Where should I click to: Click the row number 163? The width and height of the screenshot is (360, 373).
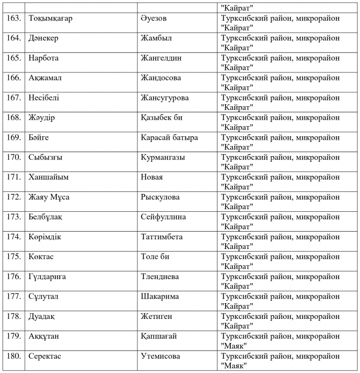(13, 18)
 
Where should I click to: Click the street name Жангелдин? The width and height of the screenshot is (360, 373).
(161, 58)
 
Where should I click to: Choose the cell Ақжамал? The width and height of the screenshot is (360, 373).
(47, 78)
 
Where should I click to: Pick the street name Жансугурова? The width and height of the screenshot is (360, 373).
(164, 98)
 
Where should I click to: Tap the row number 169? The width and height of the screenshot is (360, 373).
(13, 138)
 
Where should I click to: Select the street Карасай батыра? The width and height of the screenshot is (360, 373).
(169, 138)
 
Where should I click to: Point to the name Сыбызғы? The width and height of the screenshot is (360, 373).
(45, 158)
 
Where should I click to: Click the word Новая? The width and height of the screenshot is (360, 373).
(152, 177)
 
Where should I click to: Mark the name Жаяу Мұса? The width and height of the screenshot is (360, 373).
(49, 197)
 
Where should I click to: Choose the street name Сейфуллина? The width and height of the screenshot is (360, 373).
(163, 217)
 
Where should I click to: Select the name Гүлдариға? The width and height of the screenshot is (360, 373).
(47, 277)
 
